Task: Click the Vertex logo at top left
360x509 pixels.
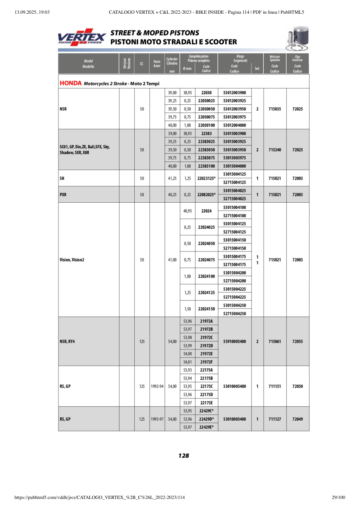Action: (x=82, y=37)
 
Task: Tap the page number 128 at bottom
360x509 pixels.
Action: (x=183, y=456)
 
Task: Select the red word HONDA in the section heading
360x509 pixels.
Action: (x=71, y=83)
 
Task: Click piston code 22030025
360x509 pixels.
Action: (x=206, y=101)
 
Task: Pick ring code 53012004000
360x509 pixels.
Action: (x=234, y=125)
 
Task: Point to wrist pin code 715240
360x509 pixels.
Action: (x=275, y=150)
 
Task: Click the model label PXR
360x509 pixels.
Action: (x=63, y=194)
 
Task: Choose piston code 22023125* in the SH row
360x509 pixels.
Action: (x=207, y=178)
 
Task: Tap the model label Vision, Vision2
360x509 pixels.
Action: (x=72, y=260)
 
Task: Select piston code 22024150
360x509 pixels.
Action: (x=206, y=309)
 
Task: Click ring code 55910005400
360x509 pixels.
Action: (x=234, y=341)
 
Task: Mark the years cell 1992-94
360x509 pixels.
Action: (x=157, y=386)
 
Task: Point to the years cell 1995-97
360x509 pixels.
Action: (x=157, y=419)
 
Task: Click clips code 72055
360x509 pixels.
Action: (x=298, y=341)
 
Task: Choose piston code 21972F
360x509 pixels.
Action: (x=206, y=362)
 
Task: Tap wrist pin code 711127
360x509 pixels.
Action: (x=275, y=419)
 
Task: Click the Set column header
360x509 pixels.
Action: (x=257, y=69)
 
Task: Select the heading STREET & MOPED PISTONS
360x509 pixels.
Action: (x=155, y=33)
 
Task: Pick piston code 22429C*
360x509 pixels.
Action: (x=206, y=411)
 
